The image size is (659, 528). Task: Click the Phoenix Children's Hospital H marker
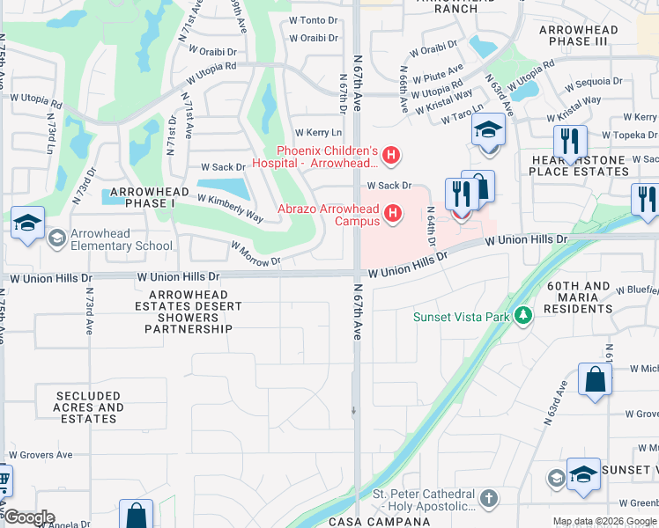tap(392, 158)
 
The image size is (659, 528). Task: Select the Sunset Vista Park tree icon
tap(523, 315)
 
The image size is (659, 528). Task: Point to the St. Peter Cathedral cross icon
tap(489, 499)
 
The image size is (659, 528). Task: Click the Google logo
tap(29, 517)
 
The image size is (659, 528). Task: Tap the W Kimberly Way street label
tap(230, 208)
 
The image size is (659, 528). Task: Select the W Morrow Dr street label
tap(255, 255)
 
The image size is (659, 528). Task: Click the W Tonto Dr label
tap(315, 19)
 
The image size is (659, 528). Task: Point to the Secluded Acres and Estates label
tap(88, 407)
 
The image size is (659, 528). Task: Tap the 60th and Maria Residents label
tap(579, 297)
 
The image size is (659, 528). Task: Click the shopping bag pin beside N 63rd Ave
tap(596, 379)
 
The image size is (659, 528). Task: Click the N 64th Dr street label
tap(433, 227)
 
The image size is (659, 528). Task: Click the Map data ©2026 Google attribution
tap(603, 521)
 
